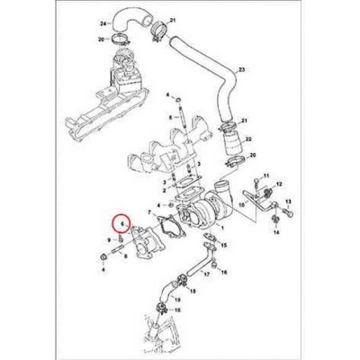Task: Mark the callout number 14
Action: (x=276, y=232)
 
